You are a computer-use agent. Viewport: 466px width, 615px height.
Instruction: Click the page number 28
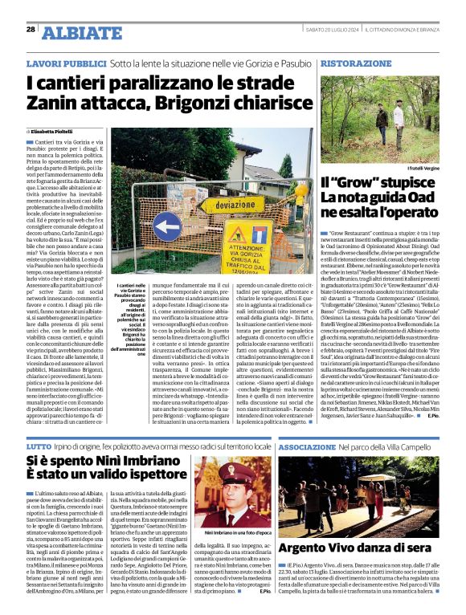(31, 29)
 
